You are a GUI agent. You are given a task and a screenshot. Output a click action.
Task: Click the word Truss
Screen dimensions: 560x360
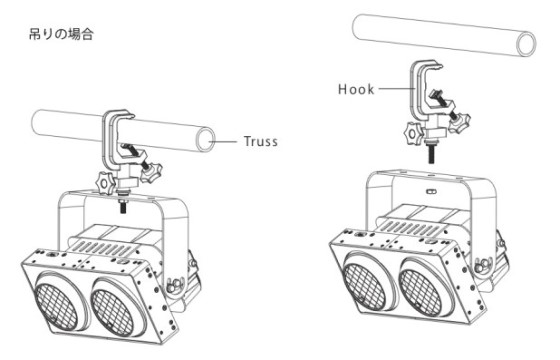[x=261, y=141]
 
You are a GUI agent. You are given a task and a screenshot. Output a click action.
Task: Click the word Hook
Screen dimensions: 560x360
[x=356, y=89]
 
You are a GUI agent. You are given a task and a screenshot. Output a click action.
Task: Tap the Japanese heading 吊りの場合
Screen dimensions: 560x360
[x=61, y=35]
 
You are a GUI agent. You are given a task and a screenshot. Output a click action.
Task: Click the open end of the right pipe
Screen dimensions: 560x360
[x=526, y=44]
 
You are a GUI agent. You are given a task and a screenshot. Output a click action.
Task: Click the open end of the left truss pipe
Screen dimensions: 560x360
[x=206, y=139]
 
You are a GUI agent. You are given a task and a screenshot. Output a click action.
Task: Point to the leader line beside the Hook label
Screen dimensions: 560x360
[x=396, y=88]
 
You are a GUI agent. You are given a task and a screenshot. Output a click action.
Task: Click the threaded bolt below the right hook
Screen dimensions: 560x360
[x=432, y=153]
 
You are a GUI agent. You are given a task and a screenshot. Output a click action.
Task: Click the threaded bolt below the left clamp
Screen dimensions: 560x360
[x=123, y=206]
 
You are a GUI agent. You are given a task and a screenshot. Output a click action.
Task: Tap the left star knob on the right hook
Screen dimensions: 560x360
[x=414, y=134]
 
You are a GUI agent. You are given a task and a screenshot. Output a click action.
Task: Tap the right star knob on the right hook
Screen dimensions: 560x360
[x=459, y=122]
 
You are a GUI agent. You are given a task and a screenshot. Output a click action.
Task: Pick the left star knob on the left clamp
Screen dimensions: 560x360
[x=106, y=183]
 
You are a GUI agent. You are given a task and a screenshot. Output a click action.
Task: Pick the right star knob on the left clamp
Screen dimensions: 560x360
[x=151, y=172]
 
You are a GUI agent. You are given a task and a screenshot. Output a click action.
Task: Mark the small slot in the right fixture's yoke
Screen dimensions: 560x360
[x=431, y=191]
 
